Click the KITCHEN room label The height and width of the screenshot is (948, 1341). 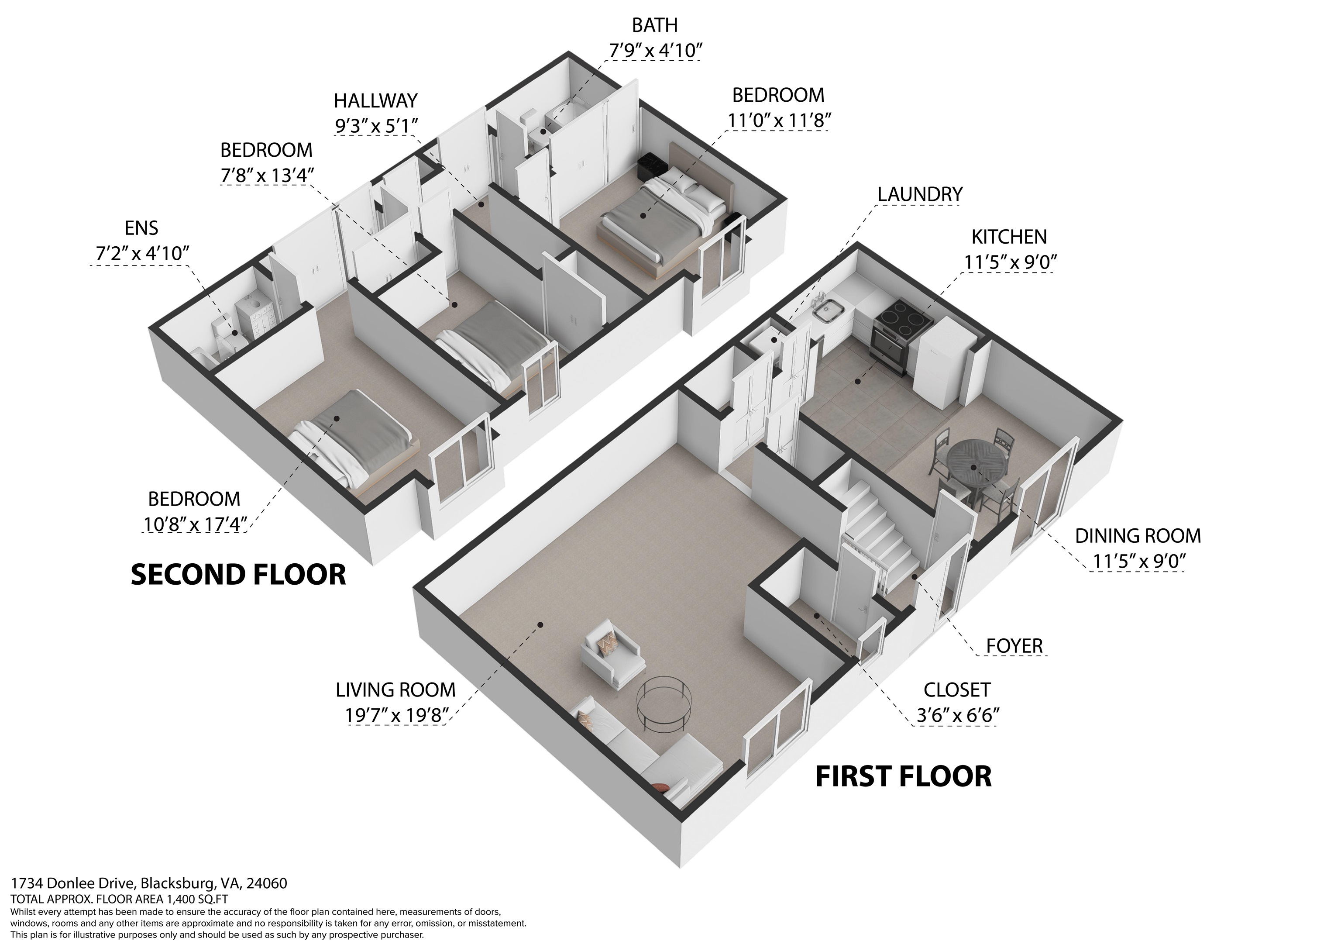coord(1009,237)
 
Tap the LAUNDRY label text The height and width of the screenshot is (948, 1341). coord(919,194)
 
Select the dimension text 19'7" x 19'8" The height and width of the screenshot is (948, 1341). coord(396,715)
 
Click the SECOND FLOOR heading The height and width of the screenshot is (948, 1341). coord(238,575)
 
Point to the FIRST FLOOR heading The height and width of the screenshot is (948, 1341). coord(903,777)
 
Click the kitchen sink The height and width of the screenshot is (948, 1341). coord(828,311)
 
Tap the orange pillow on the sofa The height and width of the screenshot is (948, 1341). coord(660,787)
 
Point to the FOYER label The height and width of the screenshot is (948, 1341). coord(1014,646)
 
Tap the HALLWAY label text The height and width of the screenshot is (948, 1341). coord(375,100)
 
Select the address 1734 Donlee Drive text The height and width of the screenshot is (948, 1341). coord(149,883)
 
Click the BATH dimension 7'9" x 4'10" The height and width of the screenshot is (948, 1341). coord(655,51)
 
